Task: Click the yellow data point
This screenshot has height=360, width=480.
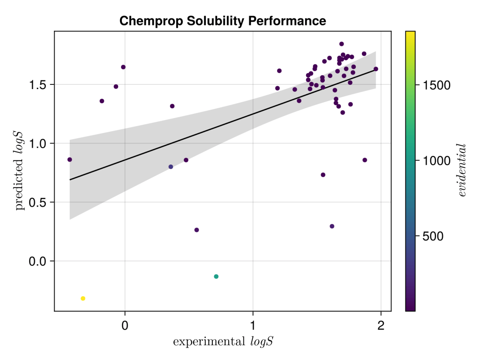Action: click(83, 299)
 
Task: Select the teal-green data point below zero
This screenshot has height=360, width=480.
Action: click(216, 277)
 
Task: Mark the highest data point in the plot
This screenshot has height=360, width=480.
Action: click(342, 44)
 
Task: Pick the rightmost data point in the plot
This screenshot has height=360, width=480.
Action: click(376, 69)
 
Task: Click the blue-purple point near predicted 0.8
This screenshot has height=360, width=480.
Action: click(171, 167)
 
